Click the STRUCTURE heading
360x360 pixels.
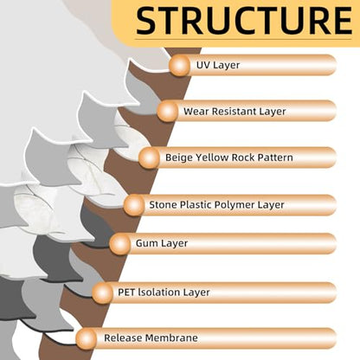tap(244, 21)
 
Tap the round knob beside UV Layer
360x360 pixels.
tap(179, 65)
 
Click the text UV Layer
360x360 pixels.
tap(218, 65)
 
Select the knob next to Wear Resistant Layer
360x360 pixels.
tap(168, 111)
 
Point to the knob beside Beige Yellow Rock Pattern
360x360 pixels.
tap(149, 157)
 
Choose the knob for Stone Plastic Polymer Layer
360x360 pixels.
tap(134, 205)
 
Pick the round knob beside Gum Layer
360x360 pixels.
tap(120, 244)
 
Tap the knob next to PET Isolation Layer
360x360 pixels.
tap(103, 292)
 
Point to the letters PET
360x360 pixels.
tap(126, 292)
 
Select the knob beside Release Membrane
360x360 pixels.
tap(87, 338)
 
